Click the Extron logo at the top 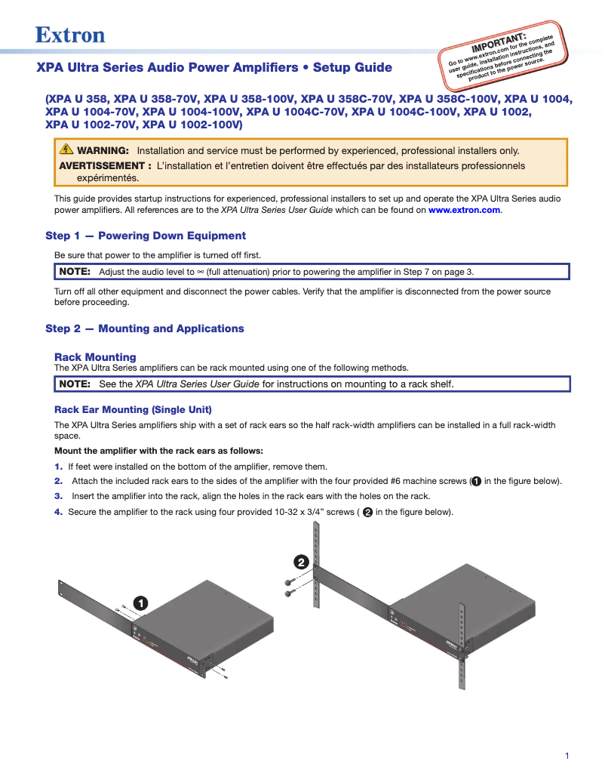[x=70, y=35]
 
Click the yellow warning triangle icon [x=66, y=150]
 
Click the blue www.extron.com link [x=464, y=210]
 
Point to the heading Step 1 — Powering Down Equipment [x=146, y=236]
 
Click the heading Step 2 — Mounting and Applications [x=145, y=328]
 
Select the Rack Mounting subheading [x=95, y=357]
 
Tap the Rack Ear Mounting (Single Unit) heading [x=133, y=409]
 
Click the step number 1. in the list [x=59, y=467]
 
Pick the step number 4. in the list [x=59, y=512]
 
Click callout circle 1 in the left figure [x=141, y=603]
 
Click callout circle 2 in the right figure [x=300, y=563]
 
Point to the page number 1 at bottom [x=567, y=756]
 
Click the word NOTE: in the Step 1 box [x=75, y=272]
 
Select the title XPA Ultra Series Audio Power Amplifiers [x=167, y=68]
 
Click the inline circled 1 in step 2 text [x=476, y=482]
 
